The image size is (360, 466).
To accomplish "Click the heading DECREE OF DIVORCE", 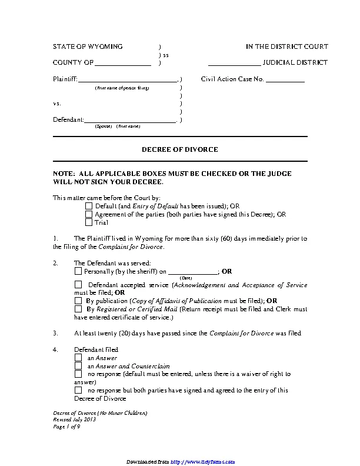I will click(179, 149).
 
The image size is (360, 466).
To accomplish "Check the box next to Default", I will click(89, 207).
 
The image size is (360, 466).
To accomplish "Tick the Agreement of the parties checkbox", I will click(89, 215).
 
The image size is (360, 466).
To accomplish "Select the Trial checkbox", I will click(89, 223).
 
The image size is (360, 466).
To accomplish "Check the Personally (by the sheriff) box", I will click(78, 272).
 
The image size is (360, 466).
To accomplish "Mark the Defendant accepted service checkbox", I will click(78, 285).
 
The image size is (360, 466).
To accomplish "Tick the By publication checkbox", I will click(78, 300).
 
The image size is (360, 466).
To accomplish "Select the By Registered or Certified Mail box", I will click(78, 308).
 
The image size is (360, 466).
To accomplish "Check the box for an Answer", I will click(78, 358).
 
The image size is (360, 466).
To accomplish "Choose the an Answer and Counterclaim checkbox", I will click(78, 366).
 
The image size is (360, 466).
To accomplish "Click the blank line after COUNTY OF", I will click(123, 63).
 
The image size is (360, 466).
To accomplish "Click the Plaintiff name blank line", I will click(127, 79).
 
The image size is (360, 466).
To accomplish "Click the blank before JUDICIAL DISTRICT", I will click(234, 63).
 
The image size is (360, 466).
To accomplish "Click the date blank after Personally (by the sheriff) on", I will click(192, 272).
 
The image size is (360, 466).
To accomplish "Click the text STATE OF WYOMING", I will click(88, 46).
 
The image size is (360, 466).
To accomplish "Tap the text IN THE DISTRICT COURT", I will click(286, 46).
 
